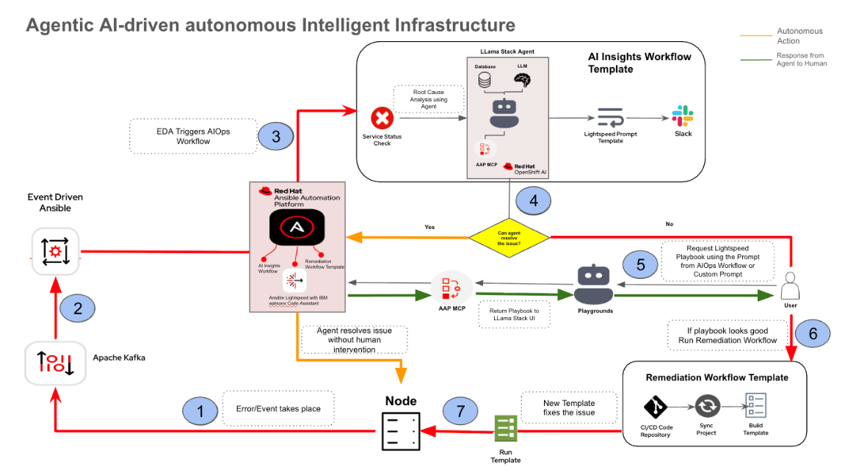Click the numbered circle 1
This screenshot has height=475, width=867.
(201, 410)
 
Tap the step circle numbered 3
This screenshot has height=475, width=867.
(276, 136)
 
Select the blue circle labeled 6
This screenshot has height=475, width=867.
(812, 334)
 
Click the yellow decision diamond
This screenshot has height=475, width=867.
(509, 236)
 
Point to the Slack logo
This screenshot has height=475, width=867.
(683, 117)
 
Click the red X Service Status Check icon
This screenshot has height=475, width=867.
(382, 117)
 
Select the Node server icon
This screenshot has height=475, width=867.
(400, 431)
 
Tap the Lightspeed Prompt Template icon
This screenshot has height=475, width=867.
(609, 117)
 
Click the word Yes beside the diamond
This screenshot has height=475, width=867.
(429, 227)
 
